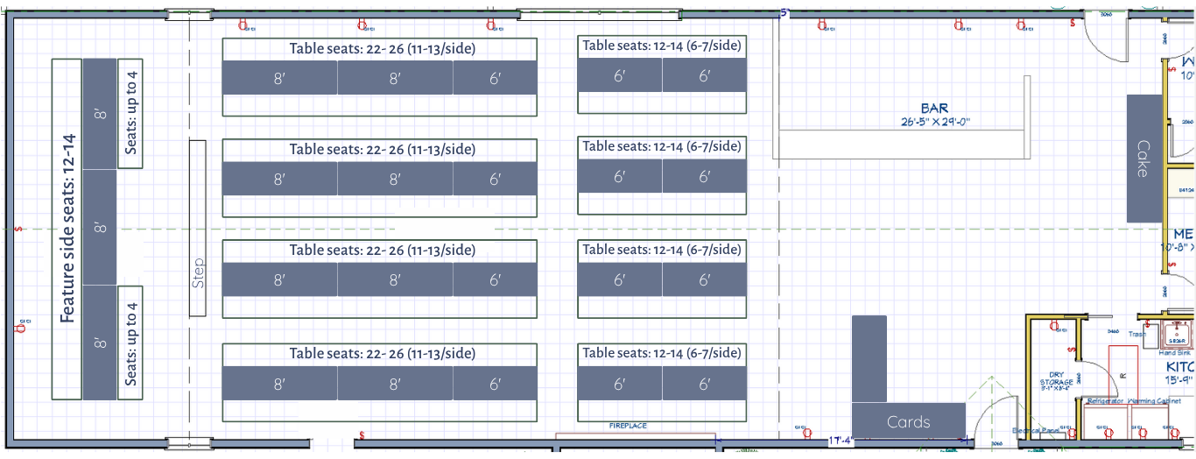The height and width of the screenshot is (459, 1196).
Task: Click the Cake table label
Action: pos(1143,159)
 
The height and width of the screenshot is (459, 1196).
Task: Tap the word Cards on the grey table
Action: pos(908,421)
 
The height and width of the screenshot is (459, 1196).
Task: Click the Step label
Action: pos(198,272)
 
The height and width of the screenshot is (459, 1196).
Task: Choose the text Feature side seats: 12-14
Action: pos(67,228)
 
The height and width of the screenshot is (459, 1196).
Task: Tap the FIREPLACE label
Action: pos(628,426)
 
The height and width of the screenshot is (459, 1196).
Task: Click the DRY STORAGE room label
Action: pos(1056,378)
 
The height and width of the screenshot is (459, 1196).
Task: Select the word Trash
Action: pos(1136,334)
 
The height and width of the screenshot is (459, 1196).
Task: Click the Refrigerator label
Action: pos(1106,401)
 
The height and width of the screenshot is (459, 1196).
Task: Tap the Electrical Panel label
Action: pos(1037,431)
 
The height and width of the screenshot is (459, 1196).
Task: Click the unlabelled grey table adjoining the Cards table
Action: pos(869,359)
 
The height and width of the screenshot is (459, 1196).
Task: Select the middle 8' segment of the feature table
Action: pos(100,228)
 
